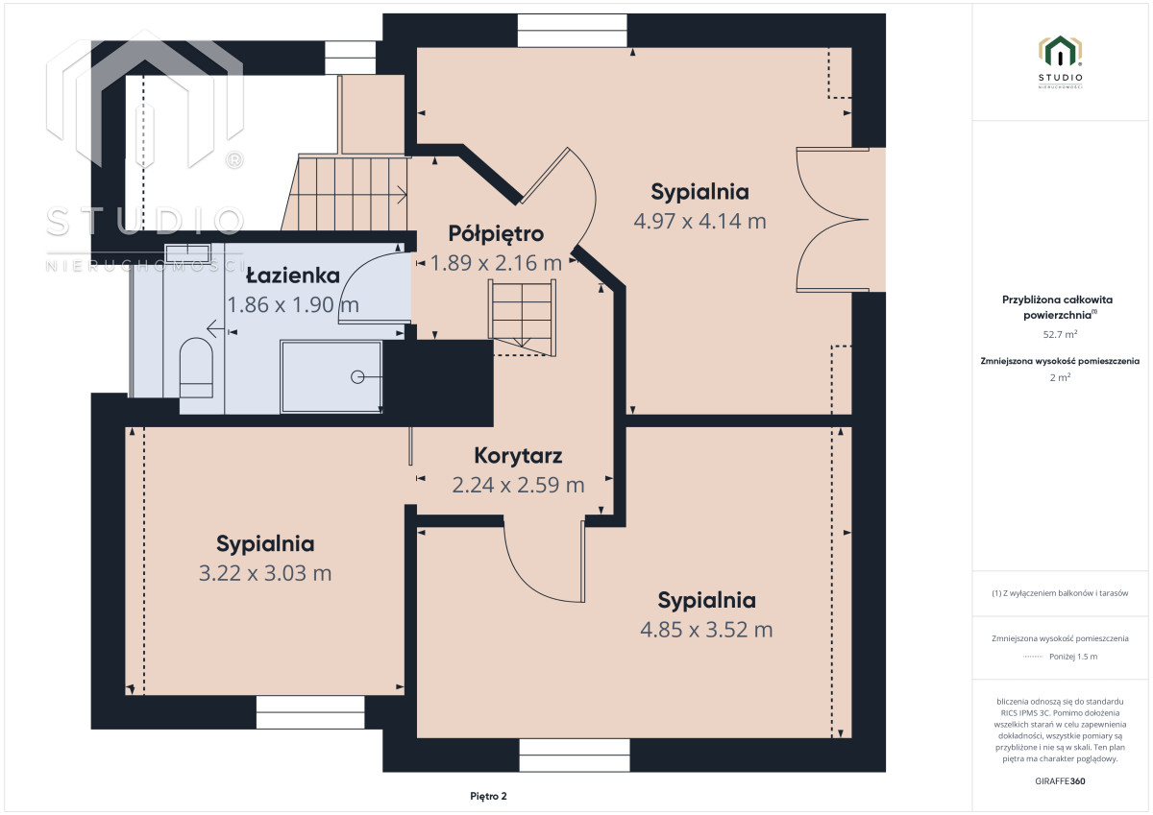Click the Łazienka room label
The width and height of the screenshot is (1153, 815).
pos(293,276)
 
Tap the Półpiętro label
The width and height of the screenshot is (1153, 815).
pos(496,234)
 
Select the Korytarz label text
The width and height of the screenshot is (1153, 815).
pos(518,456)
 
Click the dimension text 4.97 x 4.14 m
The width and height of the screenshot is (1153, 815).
pos(700,221)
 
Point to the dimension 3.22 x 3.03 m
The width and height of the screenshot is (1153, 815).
pos(265,573)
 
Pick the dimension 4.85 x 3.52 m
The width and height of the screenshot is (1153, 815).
pos(706,630)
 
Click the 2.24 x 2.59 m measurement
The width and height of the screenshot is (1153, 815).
pos(518,485)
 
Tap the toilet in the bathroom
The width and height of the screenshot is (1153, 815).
pos(196,367)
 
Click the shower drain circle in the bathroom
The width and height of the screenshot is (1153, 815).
pos(357,377)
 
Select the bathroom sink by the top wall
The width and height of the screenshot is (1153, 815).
pos(188,253)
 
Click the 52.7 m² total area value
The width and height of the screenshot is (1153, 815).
pos(1060,334)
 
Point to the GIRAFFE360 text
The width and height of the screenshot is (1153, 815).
pos(1060,781)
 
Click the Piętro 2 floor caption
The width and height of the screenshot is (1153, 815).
pos(488,796)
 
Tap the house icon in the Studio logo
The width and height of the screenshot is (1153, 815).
pos(1060,52)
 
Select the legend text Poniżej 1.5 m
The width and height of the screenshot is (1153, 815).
pos(1073,657)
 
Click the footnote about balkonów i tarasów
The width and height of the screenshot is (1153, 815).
pos(1060,593)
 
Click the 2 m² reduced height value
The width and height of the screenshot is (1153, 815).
pos(1060,377)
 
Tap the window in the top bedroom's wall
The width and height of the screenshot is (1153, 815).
pos(572,31)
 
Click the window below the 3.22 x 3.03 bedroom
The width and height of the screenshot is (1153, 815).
pos(310,712)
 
